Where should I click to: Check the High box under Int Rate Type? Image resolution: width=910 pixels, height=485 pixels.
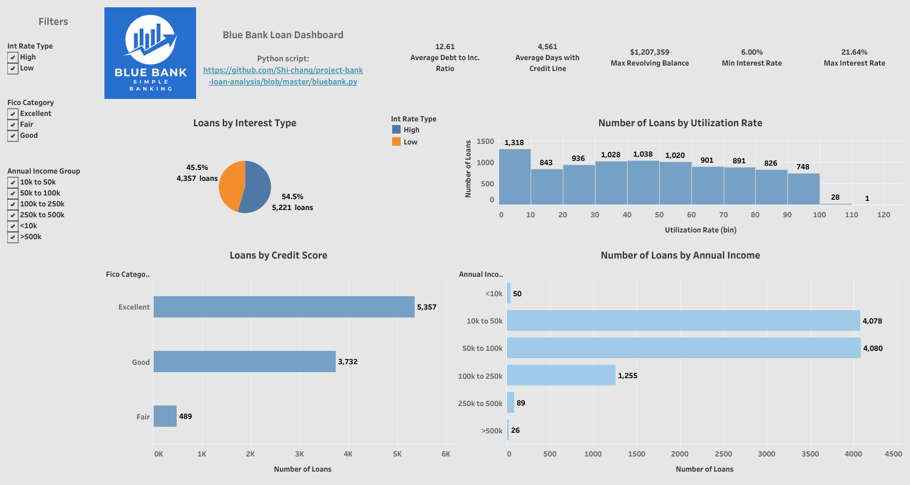point(13,57)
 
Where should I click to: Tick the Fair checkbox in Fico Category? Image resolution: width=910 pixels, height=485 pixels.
point(13,124)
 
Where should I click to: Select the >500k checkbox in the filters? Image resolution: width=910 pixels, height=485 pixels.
point(13,237)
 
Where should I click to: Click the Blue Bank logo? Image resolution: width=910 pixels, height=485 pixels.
point(150,53)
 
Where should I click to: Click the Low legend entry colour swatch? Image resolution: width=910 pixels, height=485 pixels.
point(396,141)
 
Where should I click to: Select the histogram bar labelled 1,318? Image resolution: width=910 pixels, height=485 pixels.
point(515,177)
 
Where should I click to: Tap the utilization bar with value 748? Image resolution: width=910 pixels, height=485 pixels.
point(803,189)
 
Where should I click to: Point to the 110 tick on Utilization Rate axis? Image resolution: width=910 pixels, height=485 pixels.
point(852,215)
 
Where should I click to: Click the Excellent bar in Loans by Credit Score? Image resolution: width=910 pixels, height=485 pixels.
point(284,307)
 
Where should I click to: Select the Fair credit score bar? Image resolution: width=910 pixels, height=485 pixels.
point(165,416)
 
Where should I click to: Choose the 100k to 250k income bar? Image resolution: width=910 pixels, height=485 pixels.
point(561,375)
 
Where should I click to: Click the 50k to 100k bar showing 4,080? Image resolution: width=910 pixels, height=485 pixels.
point(683,348)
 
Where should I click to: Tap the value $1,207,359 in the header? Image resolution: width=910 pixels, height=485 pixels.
point(650,52)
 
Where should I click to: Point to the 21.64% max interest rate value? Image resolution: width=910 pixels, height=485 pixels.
point(854,52)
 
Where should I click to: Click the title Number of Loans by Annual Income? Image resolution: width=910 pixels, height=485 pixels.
point(680,256)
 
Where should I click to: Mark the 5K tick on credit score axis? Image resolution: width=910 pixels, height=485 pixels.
point(397,454)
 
